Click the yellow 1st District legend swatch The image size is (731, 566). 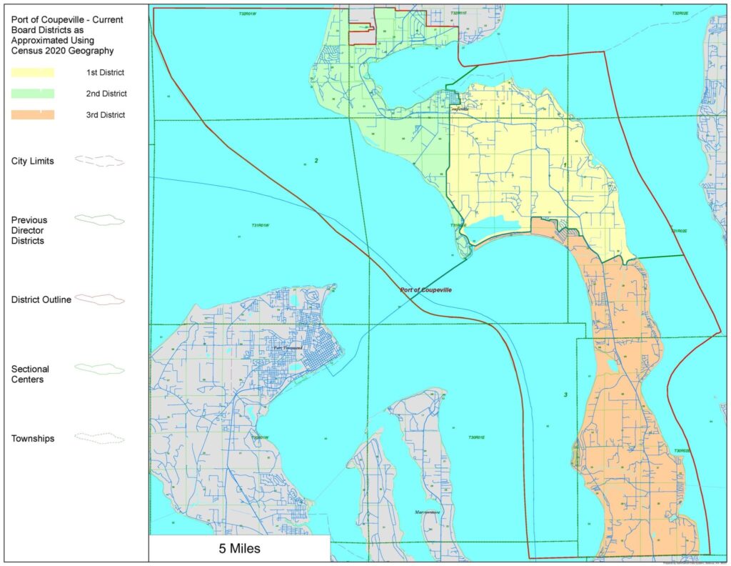tap(32, 72)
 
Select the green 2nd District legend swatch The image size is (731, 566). tap(32, 94)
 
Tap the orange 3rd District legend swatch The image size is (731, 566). tap(32, 114)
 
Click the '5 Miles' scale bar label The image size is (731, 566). tap(239, 550)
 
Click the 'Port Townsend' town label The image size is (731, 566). tap(288, 348)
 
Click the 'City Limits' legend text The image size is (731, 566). tap(33, 161)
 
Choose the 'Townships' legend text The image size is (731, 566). tap(34, 438)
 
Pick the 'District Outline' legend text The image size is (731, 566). tap(41, 299)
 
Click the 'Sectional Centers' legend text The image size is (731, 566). tap(31, 374)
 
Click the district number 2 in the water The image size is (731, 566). tap(316, 160)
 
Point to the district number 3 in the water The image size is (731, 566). tap(565, 395)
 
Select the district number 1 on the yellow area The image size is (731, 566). tap(565, 164)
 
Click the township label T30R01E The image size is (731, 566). tap(476, 437)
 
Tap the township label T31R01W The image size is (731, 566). tap(265, 226)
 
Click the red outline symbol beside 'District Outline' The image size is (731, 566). tap(99, 299)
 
